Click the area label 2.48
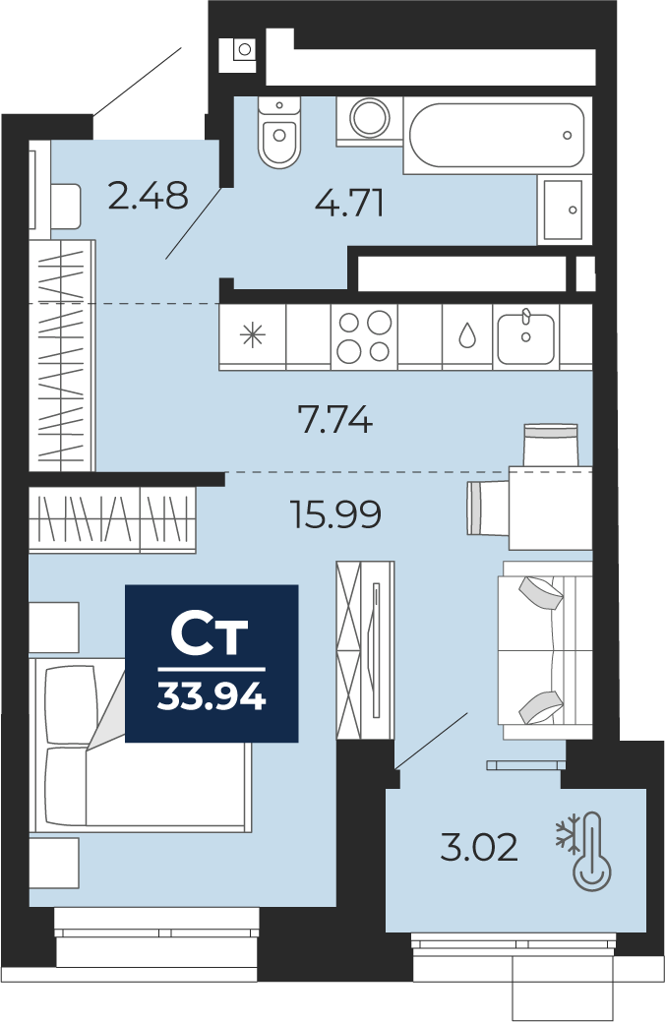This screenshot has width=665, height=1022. pos(148,195)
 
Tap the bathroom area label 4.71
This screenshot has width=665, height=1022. pos(349,203)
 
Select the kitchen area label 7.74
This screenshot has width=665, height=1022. pos(335,419)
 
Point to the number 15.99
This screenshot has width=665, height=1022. pos(335,514)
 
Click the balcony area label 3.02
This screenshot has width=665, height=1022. pos(479,848)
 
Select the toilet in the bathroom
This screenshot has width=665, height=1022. pos(279,132)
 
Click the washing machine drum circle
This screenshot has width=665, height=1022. pos(370,117)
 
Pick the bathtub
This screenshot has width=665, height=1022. pos(498,135)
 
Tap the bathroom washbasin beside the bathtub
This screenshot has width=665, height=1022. pos(564,210)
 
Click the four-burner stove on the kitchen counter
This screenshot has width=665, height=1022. pos(364,336)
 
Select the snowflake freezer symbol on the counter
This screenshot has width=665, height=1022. pos(253,335)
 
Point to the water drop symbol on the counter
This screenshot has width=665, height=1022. pos(467,335)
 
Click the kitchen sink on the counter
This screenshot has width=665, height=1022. pos(526,337)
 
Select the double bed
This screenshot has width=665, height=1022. pos(140,745)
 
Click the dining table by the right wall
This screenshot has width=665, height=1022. pos(550,508)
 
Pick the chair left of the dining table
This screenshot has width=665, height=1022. pos(488,508)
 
